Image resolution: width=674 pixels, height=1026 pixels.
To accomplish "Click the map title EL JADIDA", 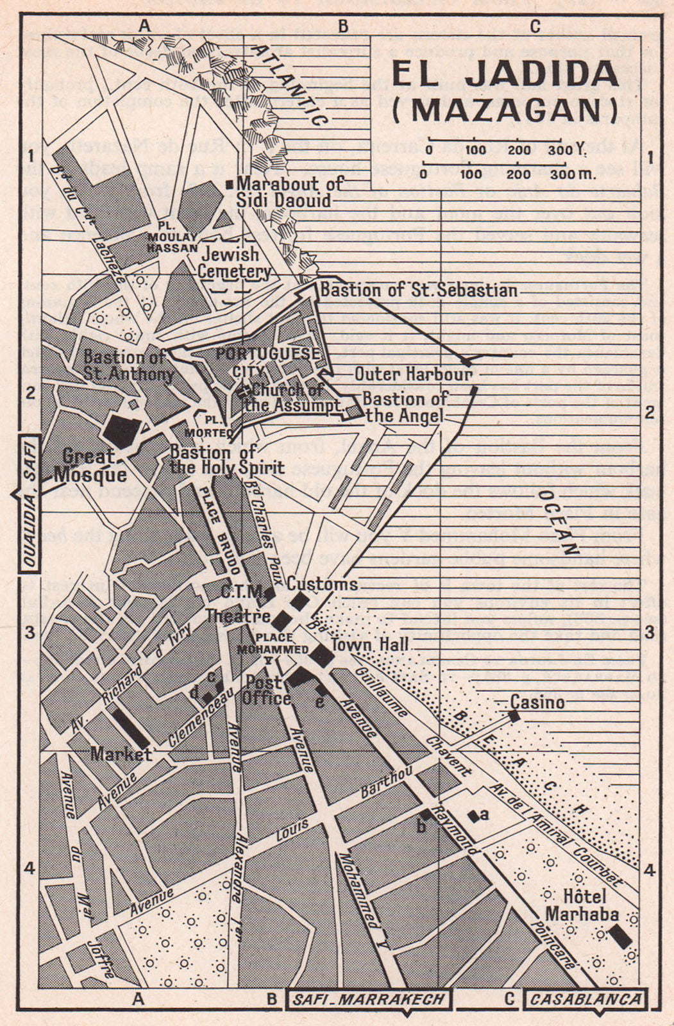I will tap(505, 74).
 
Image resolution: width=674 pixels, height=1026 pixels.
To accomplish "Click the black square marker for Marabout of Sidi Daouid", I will tap(230, 185).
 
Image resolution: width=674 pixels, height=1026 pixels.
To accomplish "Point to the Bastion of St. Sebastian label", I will tap(418, 290).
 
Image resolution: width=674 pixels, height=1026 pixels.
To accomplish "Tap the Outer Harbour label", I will tap(413, 374).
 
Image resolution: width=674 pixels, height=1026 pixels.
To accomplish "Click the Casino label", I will tap(537, 702).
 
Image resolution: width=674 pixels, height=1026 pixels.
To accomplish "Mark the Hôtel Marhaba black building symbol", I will tap(620, 935).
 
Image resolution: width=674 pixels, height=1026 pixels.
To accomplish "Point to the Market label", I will tap(121, 753).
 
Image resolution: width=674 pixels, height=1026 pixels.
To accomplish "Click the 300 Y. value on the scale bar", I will tap(566, 150).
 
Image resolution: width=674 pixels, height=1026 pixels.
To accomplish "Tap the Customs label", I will tap(322, 584).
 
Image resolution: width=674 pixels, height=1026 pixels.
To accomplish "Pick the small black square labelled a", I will tap(473, 816).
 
